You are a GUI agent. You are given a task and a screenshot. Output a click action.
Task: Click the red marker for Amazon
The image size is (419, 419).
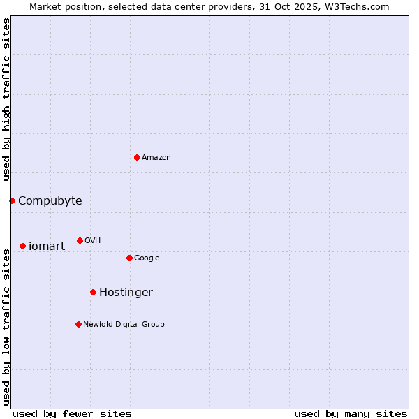tap(137, 157)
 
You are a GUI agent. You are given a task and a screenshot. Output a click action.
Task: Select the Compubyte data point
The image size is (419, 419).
tap(12, 200)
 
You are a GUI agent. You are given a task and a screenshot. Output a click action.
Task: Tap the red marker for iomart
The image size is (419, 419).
tap(23, 246)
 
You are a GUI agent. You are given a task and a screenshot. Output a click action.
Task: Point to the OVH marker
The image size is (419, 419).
tap(80, 240)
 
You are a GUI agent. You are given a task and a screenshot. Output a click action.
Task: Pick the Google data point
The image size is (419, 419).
tap(129, 258)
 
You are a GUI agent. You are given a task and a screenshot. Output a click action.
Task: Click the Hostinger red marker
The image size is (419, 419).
tap(93, 292)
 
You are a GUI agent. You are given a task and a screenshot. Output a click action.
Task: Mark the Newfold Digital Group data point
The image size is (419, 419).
tap(78, 324)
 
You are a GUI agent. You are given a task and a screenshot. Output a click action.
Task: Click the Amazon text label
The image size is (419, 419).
tap(156, 158)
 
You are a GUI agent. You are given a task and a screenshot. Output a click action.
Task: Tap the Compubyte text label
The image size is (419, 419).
tap(50, 201)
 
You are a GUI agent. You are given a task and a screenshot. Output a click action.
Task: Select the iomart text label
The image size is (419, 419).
tap(47, 247)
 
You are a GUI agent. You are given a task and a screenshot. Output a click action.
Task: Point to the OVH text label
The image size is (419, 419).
tap(93, 241)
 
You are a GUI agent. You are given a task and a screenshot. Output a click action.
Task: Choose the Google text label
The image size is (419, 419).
tap(147, 258)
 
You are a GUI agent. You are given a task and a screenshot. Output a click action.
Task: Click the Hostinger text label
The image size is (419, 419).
tap(126, 293)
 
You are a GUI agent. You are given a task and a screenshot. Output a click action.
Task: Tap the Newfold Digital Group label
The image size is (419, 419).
tap(124, 325)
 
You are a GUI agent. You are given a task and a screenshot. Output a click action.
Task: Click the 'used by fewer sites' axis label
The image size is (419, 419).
tap(72, 413)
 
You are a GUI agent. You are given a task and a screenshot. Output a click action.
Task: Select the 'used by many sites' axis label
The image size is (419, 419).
tap(351, 413)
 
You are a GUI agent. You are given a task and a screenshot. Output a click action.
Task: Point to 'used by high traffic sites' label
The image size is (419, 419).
tap(7, 99)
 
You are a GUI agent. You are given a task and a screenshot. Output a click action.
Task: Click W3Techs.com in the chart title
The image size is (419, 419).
tap(355, 7)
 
